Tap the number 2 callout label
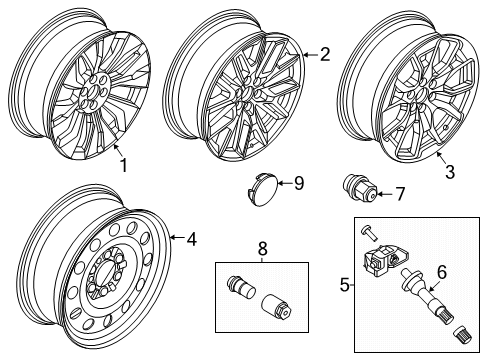tap(323, 56)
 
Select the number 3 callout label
tap(449, 173)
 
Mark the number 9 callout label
tap(298, 183)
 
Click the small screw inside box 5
tap(368, 232)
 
